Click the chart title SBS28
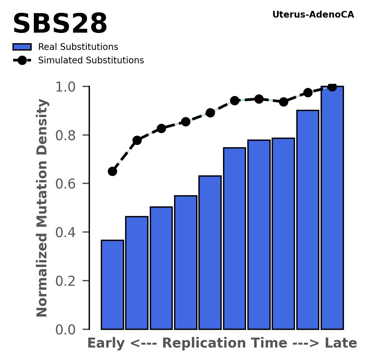[x=60, y=24]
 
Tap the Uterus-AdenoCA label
[x=313, y=15]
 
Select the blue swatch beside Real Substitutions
[x=22, y=47]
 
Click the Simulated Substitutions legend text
[x=91, y=60]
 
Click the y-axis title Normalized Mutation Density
[x=42, y=208]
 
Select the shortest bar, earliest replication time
[x=112, y=285]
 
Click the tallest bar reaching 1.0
[x=332, y=208]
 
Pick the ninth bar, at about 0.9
[x=308, y=220]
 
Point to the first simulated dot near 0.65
[x=112, y=171]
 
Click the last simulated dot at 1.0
[x=332, y=87]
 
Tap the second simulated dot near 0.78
[x=137, y=140]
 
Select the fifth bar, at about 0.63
[x=210, y=253]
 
